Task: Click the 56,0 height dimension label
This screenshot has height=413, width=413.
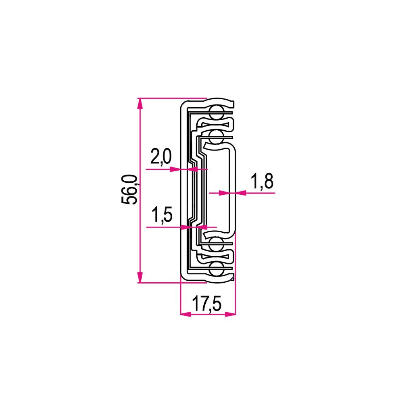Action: [129, 190]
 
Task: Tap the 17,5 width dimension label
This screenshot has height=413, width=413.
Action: [207, 303]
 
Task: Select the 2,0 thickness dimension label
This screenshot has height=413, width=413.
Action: [161, 156]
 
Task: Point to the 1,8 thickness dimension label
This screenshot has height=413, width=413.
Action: [262, 181]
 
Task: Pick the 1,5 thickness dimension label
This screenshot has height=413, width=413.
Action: [162, 215]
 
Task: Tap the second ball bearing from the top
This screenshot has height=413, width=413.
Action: [217, 136]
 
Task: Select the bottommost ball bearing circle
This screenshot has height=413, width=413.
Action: [217, 269]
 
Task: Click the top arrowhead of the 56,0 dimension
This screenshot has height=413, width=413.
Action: [140, 104]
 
